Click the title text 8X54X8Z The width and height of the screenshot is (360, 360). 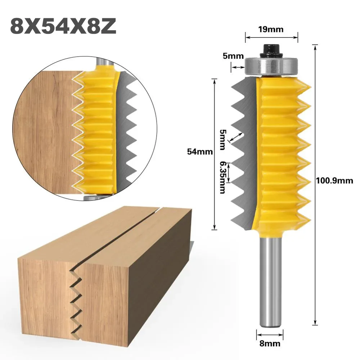[x=63, y=26]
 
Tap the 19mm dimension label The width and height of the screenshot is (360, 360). [x=271, y=30]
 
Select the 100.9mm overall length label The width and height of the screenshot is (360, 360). [x=334, y=181]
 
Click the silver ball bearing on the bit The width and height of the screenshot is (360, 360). [x=271, y=67]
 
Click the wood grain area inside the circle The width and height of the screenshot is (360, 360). [x=47, y=130]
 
